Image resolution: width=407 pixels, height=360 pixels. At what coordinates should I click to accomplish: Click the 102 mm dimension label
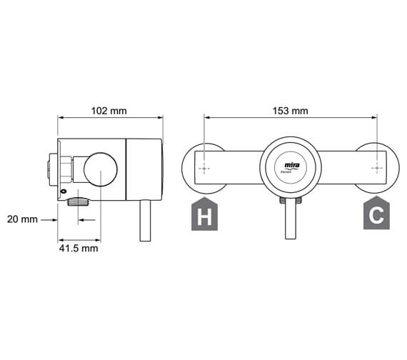click(109, 111)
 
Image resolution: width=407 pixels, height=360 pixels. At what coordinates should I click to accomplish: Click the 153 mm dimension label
click(291, 111)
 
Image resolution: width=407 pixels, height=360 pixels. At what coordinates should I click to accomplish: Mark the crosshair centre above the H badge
click(205, 169)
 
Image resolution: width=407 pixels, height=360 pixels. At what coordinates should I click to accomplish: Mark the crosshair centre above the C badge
click(376, 169)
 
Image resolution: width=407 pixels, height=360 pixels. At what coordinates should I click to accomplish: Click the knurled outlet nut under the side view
click(77, 203)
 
